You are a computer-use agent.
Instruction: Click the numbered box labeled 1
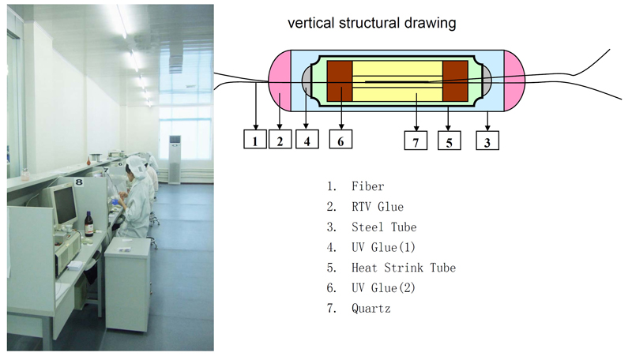pos(254,139)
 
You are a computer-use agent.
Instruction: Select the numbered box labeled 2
pos(280,139)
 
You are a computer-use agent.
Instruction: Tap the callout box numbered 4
pos(307,139)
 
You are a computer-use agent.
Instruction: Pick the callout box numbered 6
pos(340,139)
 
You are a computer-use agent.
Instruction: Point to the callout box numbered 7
pos(416,141)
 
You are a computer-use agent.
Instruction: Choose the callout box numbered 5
pos(449,141)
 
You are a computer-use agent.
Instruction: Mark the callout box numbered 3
pos(487,141)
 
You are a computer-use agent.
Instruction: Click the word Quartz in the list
pos(371,309)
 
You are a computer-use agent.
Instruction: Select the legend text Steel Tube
pos(384,227)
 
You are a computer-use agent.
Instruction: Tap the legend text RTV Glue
pos(378,207)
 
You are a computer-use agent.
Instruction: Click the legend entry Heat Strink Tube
pos(404,268)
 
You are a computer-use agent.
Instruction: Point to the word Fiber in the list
pos(367,186)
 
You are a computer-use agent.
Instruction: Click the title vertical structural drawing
pos(371,23)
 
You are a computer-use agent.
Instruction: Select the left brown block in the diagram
pos(340,81)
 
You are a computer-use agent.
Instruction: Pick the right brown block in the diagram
pos(455,81)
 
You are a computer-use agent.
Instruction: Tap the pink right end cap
pos(514,81)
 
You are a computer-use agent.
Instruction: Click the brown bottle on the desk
pos(89,224)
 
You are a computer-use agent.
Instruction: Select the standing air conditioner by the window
pos(175,159)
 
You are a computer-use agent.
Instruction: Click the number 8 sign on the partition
pos(79,182)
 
